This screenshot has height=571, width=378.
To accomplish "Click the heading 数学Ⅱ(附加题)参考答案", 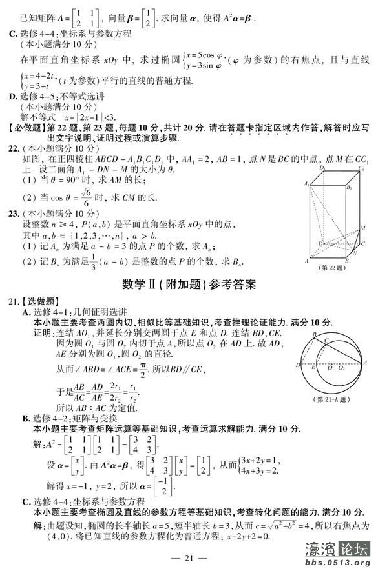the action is coord(189,283).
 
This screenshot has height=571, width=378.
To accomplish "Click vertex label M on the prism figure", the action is coord(363,227).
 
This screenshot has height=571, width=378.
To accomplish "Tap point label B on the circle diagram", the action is coord(314,334).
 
